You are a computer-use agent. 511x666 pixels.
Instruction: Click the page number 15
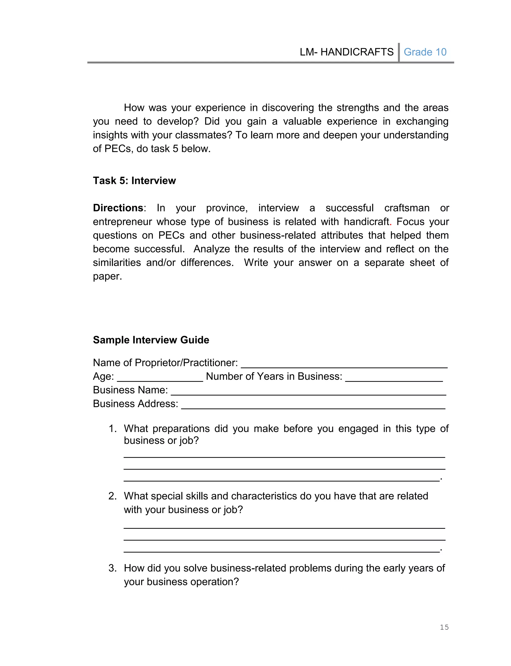tap(444, 627)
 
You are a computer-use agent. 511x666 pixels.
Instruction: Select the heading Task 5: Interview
tap(134, 181)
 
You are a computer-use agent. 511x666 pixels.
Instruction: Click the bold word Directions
tap(118, 208)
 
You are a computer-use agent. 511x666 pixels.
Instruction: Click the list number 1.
tap(113, 428)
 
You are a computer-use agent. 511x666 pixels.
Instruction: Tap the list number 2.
tap(113, 496)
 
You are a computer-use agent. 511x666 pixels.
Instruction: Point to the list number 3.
tap(113, 568)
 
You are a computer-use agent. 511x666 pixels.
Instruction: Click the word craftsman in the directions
tap(407, 208)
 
